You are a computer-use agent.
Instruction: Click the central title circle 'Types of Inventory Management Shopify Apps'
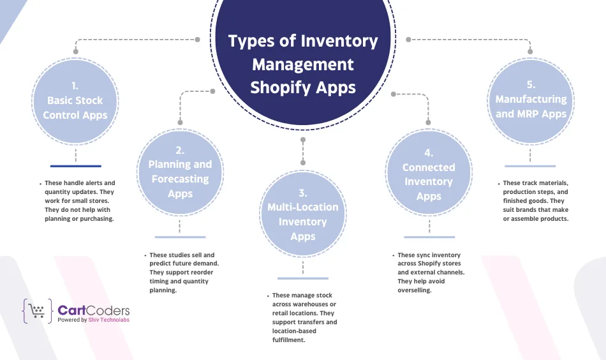click(x=303, y=64)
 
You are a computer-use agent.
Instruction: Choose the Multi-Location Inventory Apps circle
click(x=303, y=214)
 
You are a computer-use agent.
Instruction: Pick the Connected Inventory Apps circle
click(x=429, y=174)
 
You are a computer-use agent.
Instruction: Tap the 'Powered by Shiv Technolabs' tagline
click(x=93, y=320)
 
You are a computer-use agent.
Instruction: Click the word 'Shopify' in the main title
click(x=277, y=87)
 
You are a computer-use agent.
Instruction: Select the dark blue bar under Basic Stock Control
click(x=75, y=167)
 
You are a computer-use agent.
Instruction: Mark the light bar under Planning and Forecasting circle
click(x=181, y=237)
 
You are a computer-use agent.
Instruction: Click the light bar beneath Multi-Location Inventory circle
click(x=303, y=278)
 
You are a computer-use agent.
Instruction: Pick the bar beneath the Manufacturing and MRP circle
click(x=531, y=166)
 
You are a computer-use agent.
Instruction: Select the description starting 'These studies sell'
click(x=185, y=273)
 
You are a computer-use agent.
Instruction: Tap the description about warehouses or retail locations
click(x=304, y=318)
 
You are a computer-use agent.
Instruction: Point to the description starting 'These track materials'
click(x=535, y=200)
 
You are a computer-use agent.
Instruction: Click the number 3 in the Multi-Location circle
click(x=303, y=192)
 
